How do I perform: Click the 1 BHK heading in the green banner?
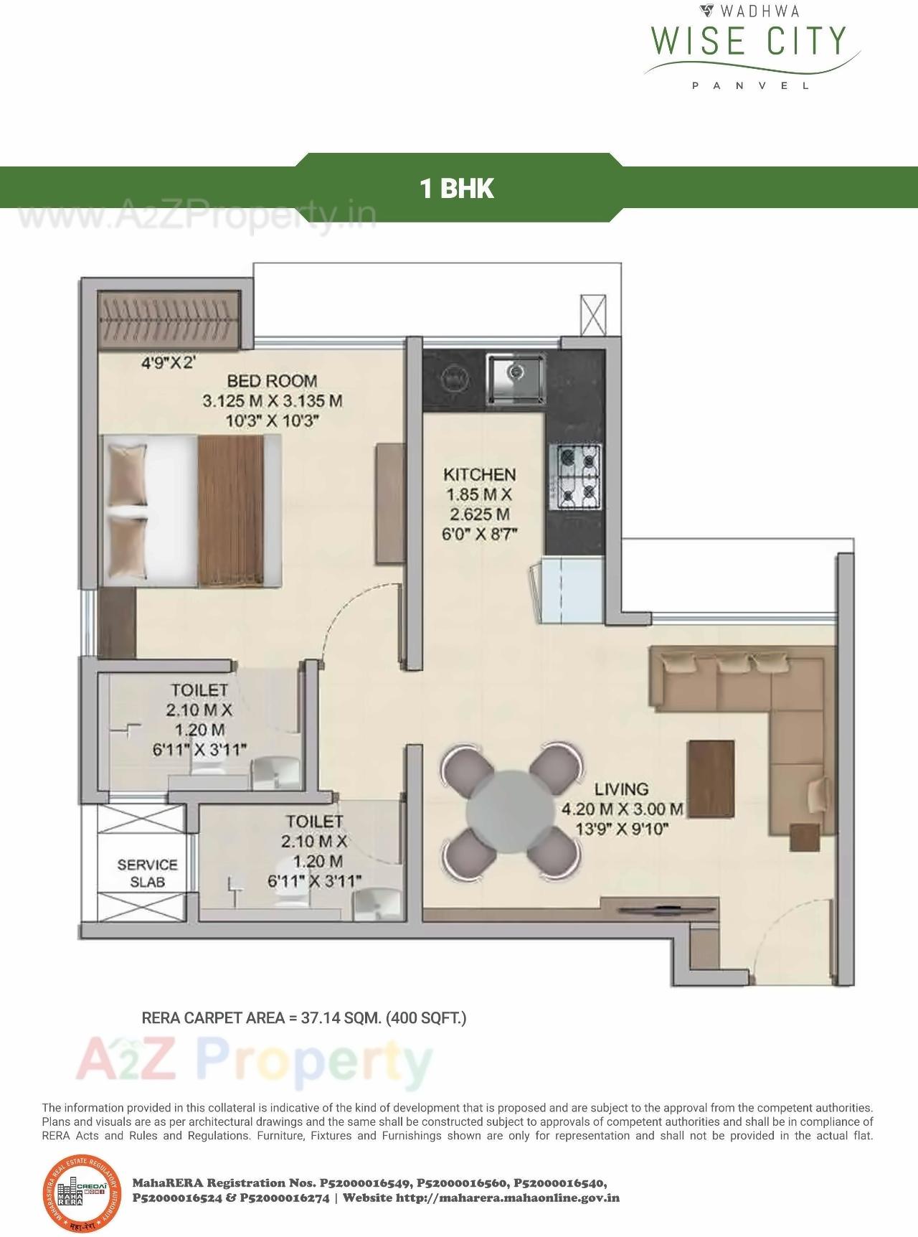(457, 189)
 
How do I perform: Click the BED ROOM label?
(272, 381)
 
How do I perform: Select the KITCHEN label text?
(479, 474)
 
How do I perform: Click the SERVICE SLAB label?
(147, 873)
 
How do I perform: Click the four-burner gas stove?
(575, 476)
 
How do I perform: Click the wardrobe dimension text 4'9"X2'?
(168, 362)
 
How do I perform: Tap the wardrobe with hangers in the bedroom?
(169, 319)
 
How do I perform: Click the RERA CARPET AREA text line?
(304, 1017)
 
